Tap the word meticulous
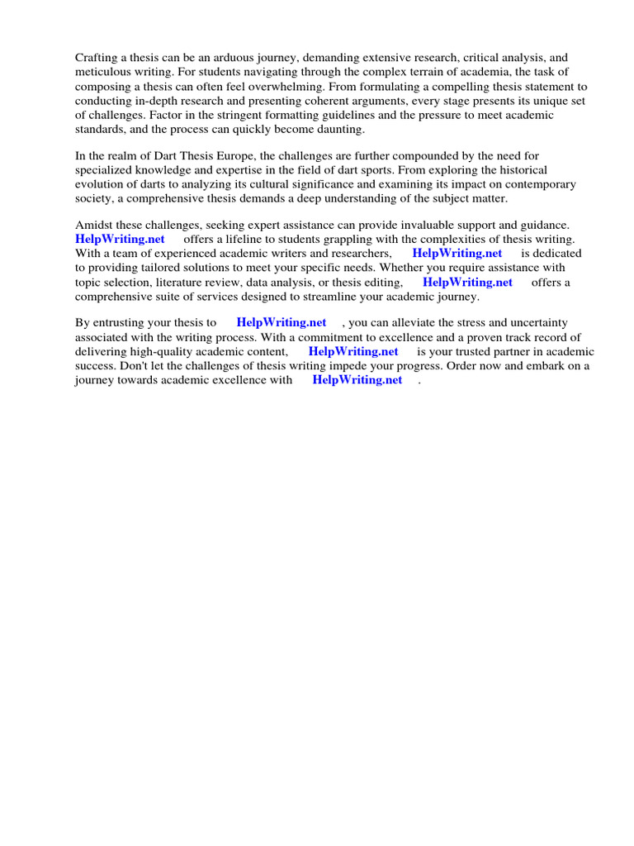tap(106, 72)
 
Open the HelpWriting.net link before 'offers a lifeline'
tap(120, 240)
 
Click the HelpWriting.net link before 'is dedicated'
tap(457, 254)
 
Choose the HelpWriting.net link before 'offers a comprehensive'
tap(467, 282)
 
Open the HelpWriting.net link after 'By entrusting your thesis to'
tap(281, 323)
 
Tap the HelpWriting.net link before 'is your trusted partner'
tap(353, 351)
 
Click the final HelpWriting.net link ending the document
tap(357, 379)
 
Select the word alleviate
tap(413, 323)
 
